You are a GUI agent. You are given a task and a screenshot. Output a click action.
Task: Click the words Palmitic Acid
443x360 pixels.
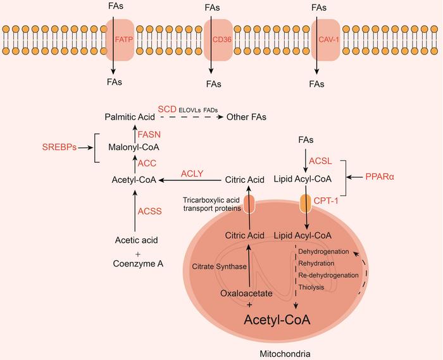tap(133, 117)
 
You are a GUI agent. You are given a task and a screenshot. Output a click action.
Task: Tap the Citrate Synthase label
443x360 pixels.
tap(215, 266)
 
